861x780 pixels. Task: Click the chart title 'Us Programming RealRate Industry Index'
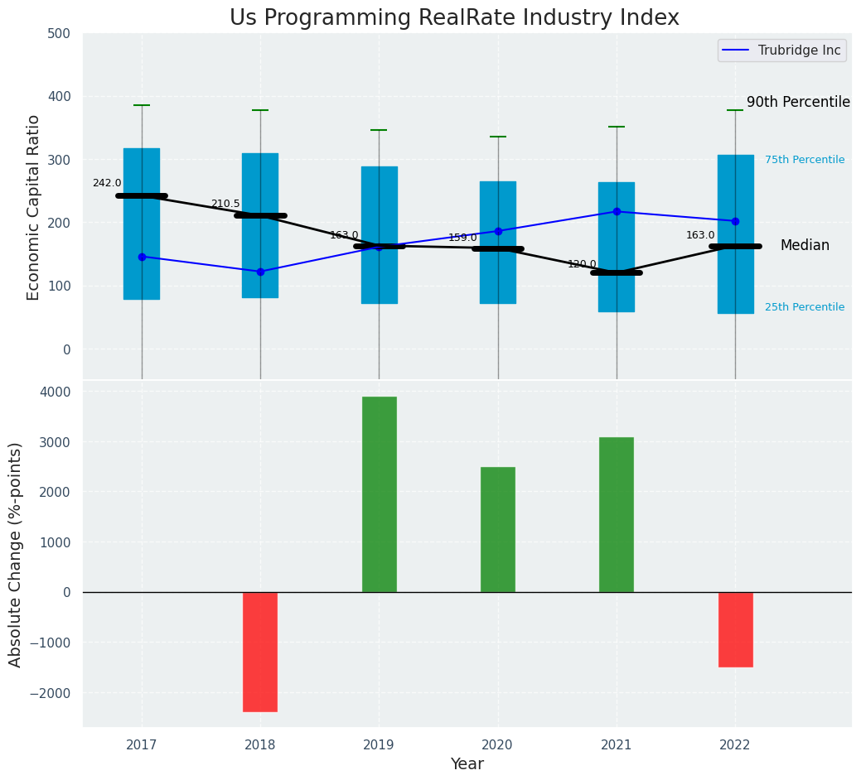[x=454, y=18]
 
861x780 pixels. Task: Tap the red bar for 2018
[x=260, y=652]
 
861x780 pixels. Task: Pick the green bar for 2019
[x=379, y=494]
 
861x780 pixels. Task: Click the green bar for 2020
[x=497, y=529]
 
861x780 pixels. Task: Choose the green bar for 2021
[x=616, y=514]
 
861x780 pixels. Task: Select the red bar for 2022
[x=735, y=629]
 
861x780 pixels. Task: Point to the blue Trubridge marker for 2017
[x=142, y=257]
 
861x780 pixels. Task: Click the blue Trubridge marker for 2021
[x=617, y=211]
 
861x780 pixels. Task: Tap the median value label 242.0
[x=107, y=183]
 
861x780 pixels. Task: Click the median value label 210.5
[x=225, y=204]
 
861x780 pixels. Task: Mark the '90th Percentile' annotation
[x=798, y=103]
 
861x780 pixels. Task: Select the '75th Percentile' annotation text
[x=804, y=160]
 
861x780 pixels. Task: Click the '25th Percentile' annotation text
[x=804, y=307]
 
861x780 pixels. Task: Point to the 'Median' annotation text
[x=804, y=246]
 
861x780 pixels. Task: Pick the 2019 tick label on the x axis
[x=379, y=745]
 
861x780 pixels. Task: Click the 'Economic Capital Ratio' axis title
[x=34, y=207]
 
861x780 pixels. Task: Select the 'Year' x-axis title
[x=467, y=764]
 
